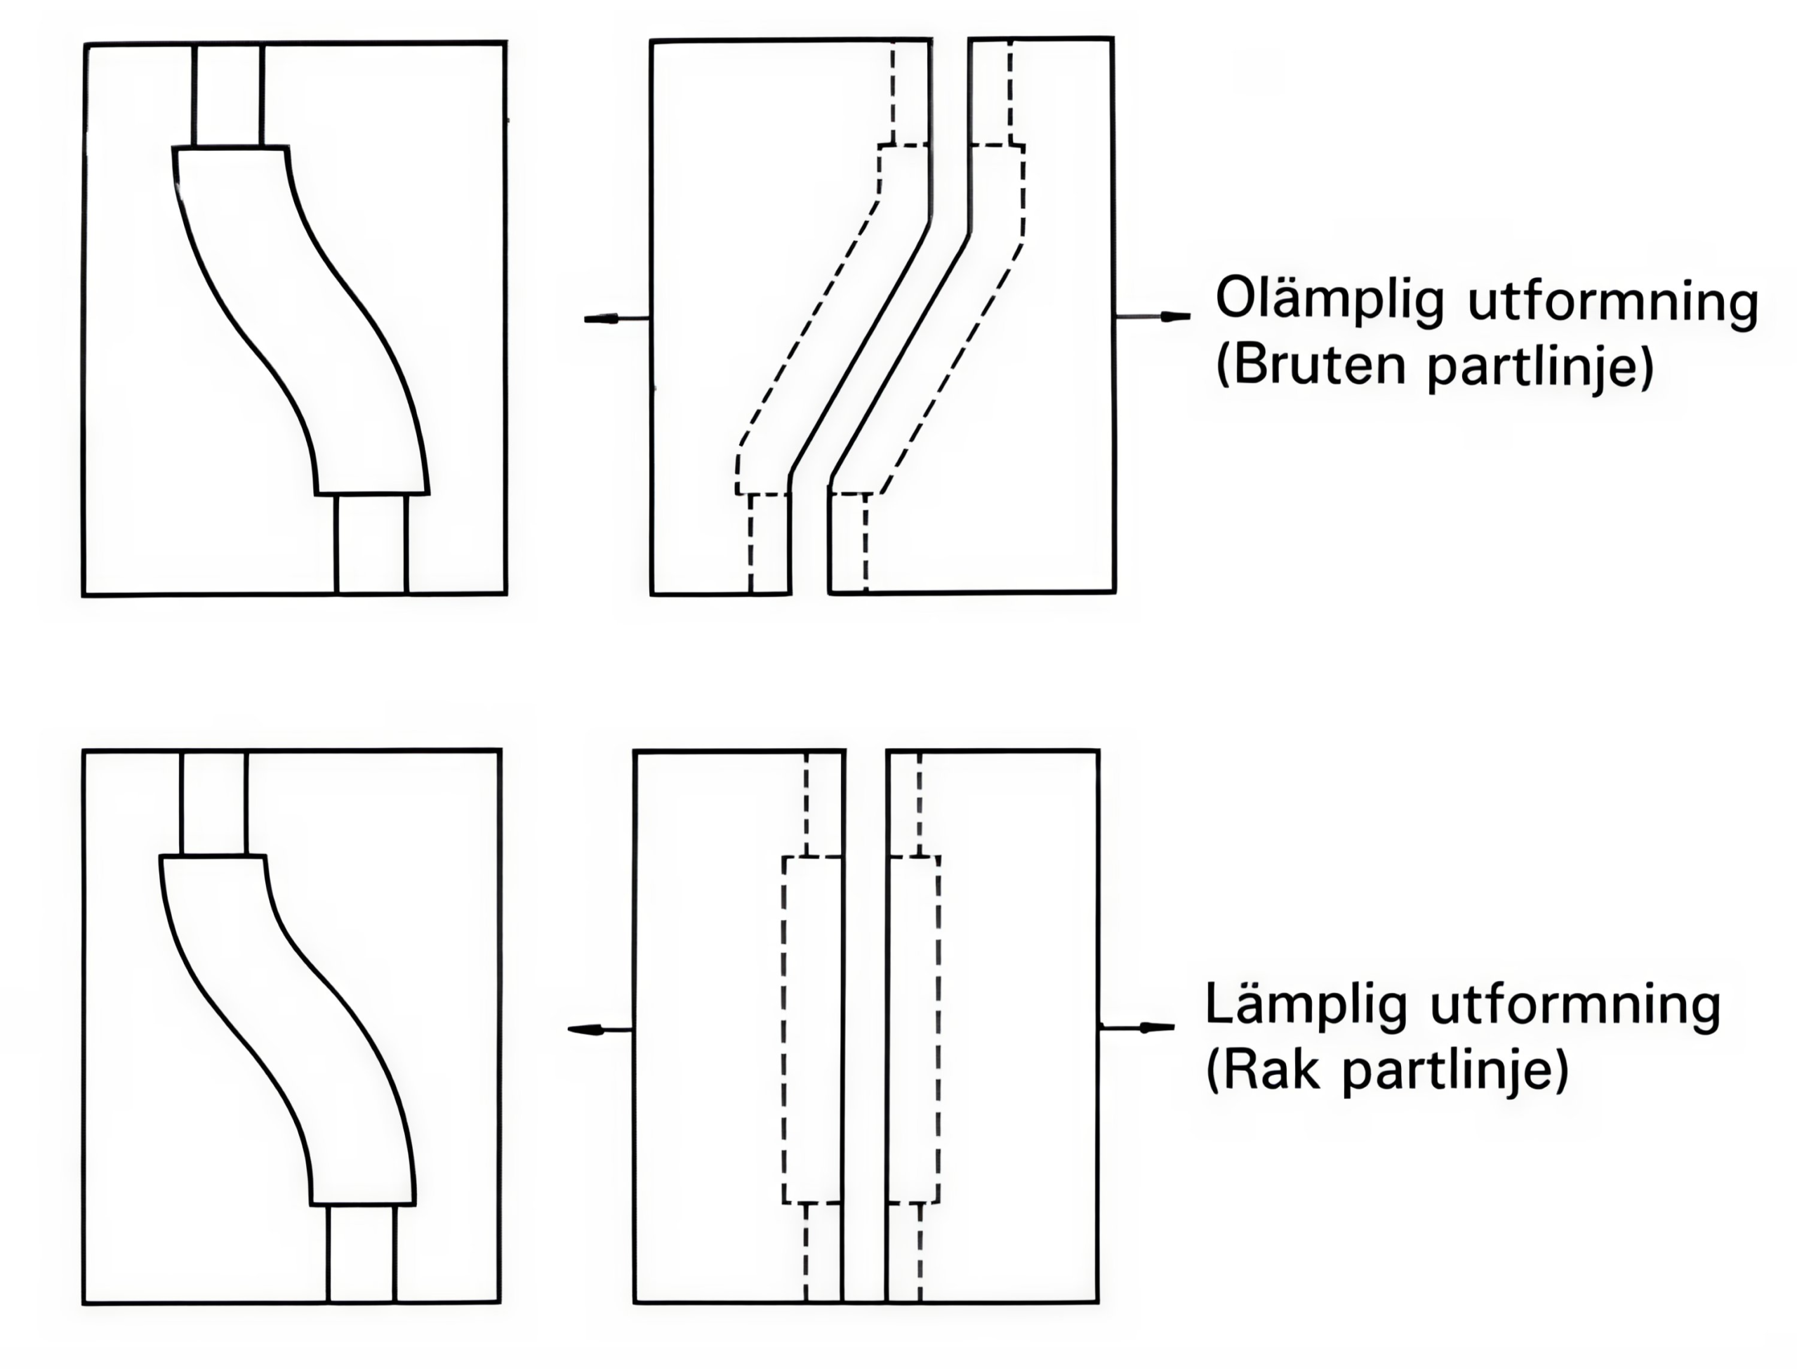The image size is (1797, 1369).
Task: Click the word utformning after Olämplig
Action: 1612,302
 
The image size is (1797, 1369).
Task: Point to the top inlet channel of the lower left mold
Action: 213,803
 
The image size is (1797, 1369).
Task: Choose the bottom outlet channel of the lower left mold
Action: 361,1255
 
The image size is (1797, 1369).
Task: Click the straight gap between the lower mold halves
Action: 866,1027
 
